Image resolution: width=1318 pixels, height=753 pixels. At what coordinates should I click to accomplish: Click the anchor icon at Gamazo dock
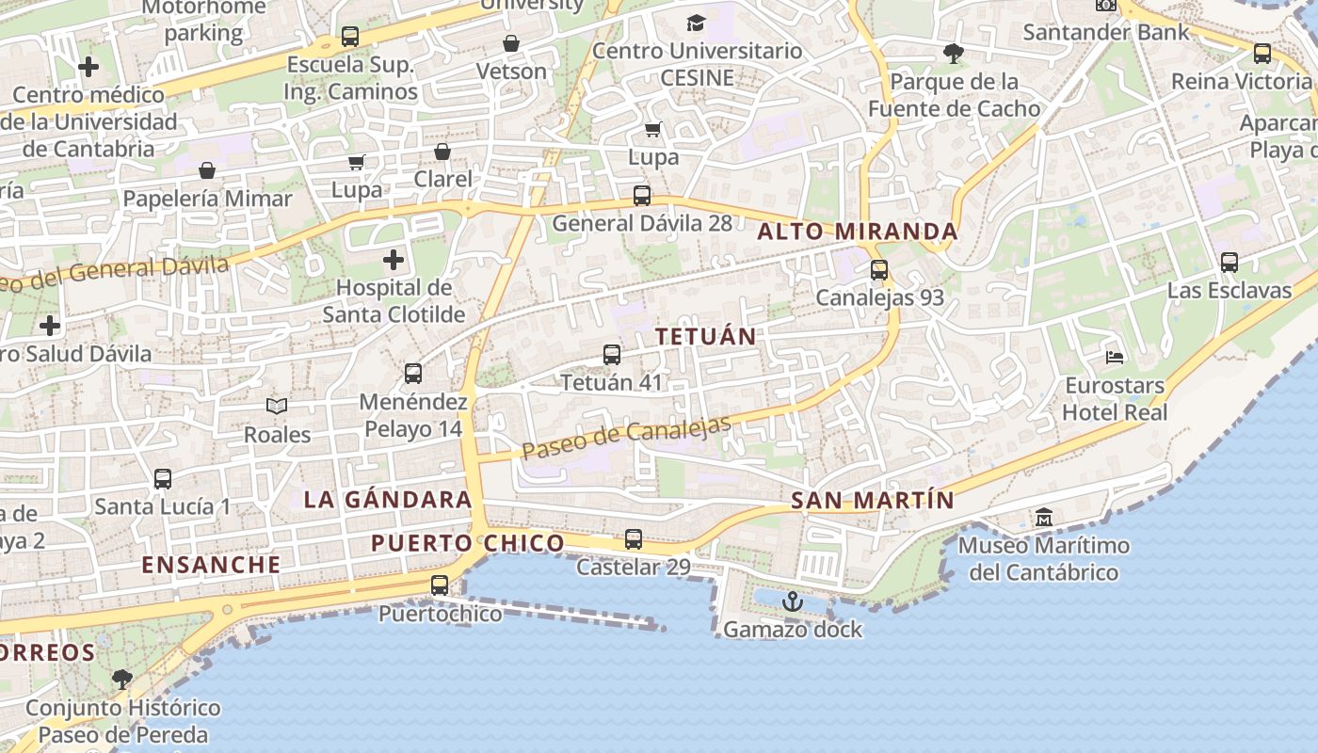(793, 601)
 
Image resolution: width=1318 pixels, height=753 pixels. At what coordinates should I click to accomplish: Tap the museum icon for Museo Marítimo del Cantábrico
(1044, 517)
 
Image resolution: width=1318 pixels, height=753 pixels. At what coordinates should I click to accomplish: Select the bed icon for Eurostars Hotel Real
(1115, 357)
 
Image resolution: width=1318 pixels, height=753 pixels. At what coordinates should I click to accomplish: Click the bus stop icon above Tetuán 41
(612, 355)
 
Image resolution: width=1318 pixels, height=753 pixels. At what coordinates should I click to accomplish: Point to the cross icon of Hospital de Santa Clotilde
(394, 259)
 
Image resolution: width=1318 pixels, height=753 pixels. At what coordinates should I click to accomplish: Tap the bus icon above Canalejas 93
(879, 270)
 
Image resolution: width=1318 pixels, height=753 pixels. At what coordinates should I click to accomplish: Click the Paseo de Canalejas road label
(626, 439)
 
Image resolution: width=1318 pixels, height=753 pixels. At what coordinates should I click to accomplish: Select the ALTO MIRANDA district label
(858, 232)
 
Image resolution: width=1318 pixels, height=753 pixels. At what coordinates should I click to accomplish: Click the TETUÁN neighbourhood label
(706, 336)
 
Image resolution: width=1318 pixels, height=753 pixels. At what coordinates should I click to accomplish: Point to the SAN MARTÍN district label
(873, 501)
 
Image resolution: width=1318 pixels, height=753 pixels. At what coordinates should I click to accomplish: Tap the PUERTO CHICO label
(467, 543)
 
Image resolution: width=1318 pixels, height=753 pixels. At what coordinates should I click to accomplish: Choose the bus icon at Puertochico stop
(440, 585)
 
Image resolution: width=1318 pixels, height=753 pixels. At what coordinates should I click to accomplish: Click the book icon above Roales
(277, 406)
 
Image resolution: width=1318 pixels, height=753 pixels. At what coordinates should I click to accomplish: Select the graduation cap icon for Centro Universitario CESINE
(696, 23)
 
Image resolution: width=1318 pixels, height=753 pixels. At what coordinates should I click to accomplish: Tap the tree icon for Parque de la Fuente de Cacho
(954, 54)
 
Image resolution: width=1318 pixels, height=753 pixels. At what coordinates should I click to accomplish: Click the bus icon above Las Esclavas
(1230, 263)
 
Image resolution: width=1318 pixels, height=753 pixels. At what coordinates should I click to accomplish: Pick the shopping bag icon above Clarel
(442, 151)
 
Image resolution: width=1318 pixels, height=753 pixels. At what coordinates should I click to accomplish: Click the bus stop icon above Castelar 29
(634, 539)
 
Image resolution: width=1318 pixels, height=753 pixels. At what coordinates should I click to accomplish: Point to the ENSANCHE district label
(211, 565)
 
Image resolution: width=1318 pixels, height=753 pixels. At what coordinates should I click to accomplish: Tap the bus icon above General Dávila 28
(642, 196)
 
